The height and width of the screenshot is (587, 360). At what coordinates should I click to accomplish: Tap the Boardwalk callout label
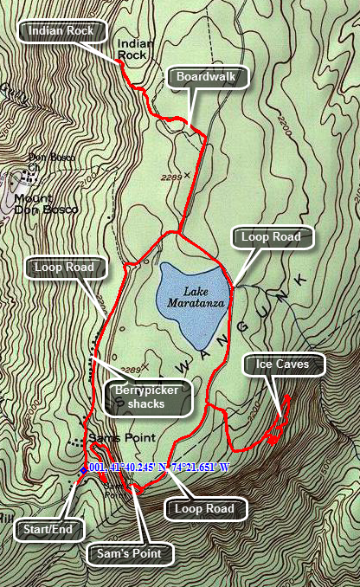click(207, 76)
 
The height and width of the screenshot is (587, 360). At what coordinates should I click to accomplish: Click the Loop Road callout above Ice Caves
click(271, 236)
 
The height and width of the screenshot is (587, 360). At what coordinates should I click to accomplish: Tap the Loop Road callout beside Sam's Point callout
click(203, 509)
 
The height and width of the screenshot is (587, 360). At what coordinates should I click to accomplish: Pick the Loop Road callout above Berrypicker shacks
click(65, 267)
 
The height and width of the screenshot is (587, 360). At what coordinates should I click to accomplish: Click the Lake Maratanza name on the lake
click(194, 299)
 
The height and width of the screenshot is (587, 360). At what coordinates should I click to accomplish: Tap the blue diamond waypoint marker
click(83, 469)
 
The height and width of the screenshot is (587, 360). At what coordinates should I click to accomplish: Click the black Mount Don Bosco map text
click(45, 203)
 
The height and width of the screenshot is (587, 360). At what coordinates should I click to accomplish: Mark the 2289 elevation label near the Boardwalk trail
click(171, 177)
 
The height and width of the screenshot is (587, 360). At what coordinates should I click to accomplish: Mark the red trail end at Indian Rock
click(119, 63)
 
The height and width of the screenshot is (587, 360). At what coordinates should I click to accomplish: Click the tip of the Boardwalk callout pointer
click(187, 122)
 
